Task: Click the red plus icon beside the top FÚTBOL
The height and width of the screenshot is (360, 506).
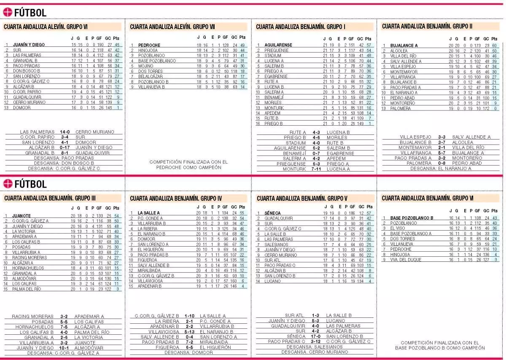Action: pyautogui.click(x=7, y=12)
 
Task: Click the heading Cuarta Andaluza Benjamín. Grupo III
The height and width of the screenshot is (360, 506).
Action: pyautogui.click(x=50, y=198)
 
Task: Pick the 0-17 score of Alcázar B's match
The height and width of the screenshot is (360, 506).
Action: pyautogui.click(x=65, y=148)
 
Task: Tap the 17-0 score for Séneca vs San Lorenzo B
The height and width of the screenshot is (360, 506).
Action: pyautogui.click(x=316, y=336)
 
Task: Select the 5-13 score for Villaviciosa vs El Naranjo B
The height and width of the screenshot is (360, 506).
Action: pyautogui.click(x=188, y=331)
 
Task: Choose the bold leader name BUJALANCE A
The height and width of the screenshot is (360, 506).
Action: pyautogui.click(x=404, y=46)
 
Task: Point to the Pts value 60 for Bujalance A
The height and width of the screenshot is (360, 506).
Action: pyautogui.click(x=494, y=46)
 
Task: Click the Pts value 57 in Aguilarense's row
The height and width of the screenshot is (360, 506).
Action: pyautogui.click(x=369, y=45)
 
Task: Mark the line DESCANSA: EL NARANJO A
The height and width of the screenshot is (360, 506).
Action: pyautogui.click(x=441, y=169)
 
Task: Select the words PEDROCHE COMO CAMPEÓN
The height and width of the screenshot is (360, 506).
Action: pyautogui.click(x=188, y=167)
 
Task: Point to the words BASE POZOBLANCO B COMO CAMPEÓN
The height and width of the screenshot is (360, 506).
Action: pyautogui.click(x=440, y=348)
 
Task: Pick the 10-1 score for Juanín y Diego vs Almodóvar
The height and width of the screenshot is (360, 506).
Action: pyautogui.click(x=65, y=348)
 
